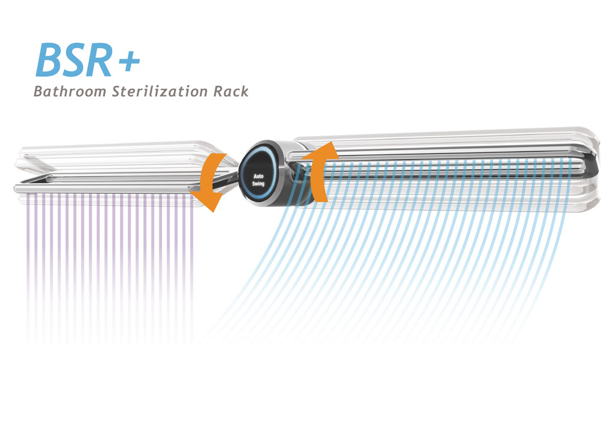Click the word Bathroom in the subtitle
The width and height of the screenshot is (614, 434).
coord(66,92)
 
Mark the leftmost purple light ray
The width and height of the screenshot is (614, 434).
coord(28,252)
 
